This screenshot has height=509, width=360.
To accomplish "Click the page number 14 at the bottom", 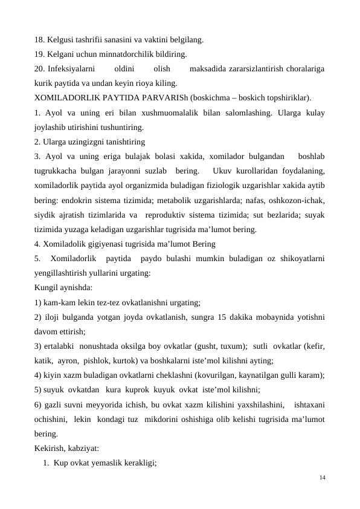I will point(322,478).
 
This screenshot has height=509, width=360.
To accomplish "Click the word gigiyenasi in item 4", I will point(103,244).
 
